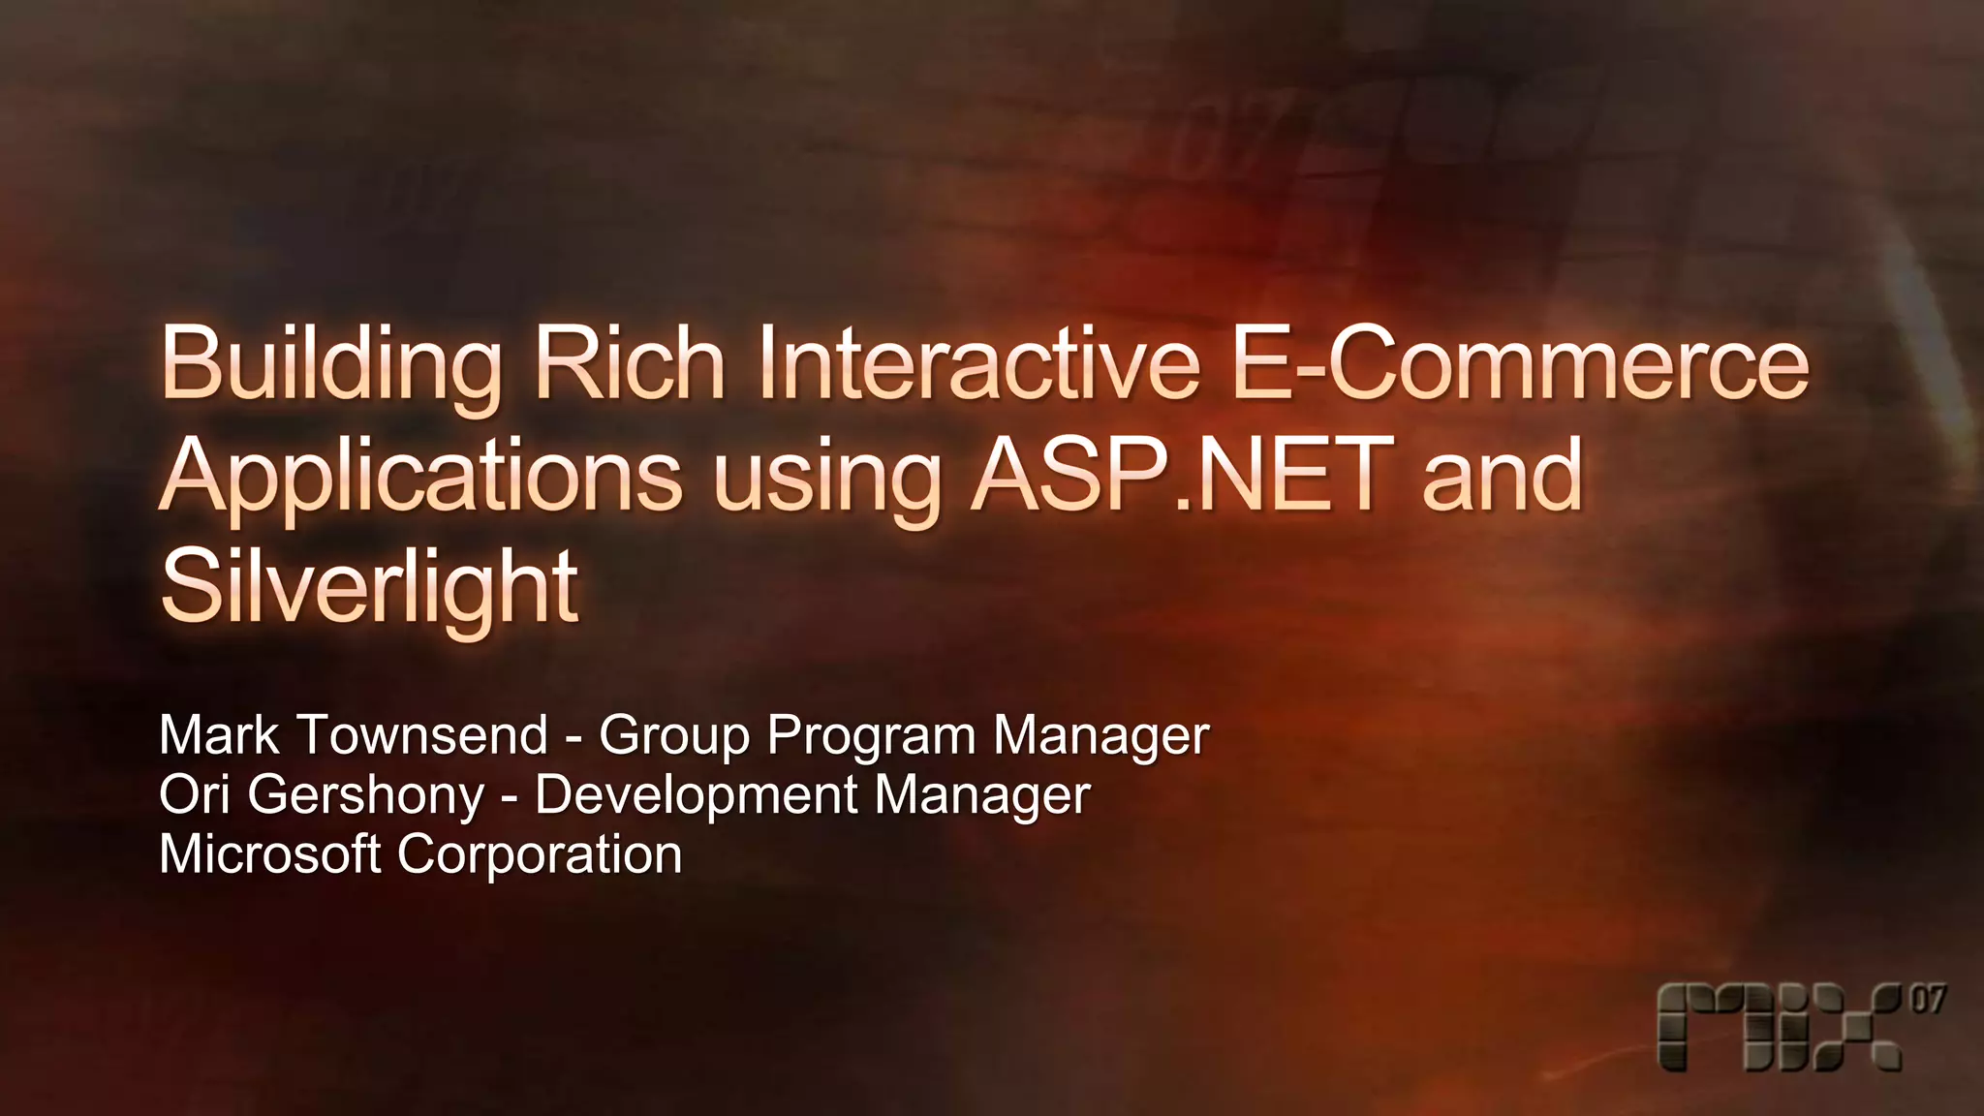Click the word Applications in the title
(x=421, y=478)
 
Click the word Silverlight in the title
(x=369, y=588)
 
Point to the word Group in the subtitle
(x=674, y=736)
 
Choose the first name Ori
(x=194, y=794)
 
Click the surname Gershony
(x=366, y=796)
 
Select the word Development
(x=697, y=796)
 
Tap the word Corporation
(x=540, y=855)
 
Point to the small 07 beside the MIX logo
(x=1927, y=999)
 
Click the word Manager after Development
(x=982, y=796)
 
